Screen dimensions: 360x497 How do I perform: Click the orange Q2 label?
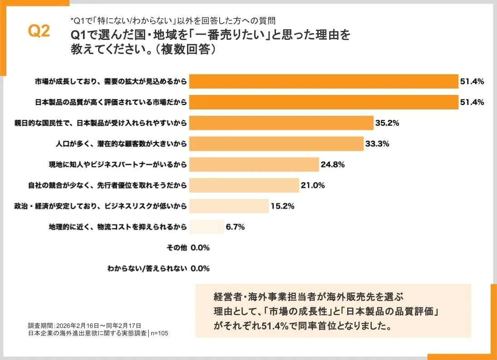click(x=39, y=31)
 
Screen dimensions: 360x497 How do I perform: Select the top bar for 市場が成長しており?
click(x=323, y=81)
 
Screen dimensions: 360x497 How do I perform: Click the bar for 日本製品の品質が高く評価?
click(x=323, y=102)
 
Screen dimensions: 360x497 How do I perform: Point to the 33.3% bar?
click(x=276, y=143)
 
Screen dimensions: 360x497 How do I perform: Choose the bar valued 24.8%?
click(x=254, y=164)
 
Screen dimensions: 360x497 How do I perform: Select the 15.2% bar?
click(x=229, y=206)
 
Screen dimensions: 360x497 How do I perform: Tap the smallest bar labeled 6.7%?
click(x=207, y=227)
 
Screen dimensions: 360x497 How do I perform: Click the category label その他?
click(x=177, y=248)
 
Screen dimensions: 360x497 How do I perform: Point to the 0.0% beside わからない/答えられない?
click(x=200, y=268)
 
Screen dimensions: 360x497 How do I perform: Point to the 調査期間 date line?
click(x=84, y=325)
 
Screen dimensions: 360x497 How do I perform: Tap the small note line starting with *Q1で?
click(x=173, y=20)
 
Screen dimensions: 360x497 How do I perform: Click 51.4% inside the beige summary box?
click(x=276, y=326)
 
